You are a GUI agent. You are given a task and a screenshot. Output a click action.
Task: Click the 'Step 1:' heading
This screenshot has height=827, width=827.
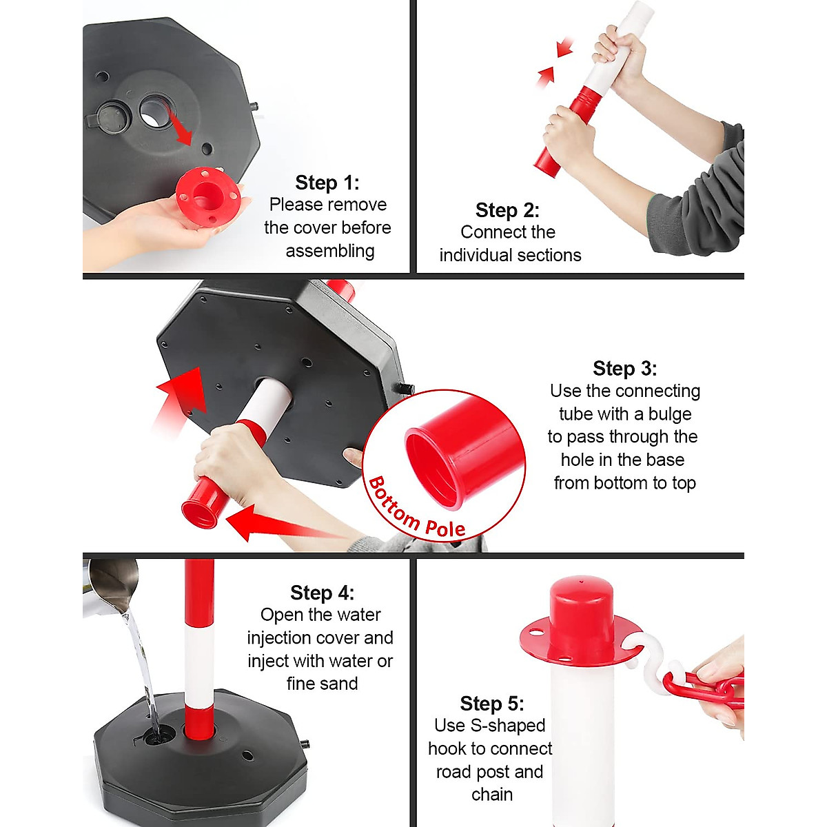point(327,183)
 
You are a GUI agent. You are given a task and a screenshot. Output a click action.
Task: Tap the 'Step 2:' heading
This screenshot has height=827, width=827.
point(507,210)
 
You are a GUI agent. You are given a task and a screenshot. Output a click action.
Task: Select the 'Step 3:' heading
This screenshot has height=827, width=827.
point(624,369)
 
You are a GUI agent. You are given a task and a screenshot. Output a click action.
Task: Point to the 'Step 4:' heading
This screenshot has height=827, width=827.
point(322,593)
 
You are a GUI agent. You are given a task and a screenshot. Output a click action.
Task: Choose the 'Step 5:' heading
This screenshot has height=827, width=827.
point(491,704)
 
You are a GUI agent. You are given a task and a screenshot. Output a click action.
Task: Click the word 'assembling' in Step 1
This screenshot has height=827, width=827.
point(330,251)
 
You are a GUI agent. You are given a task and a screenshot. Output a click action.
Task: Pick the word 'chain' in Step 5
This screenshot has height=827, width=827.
point(491,795)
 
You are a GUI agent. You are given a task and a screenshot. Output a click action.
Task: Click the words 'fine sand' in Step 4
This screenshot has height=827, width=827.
point(322,684)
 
